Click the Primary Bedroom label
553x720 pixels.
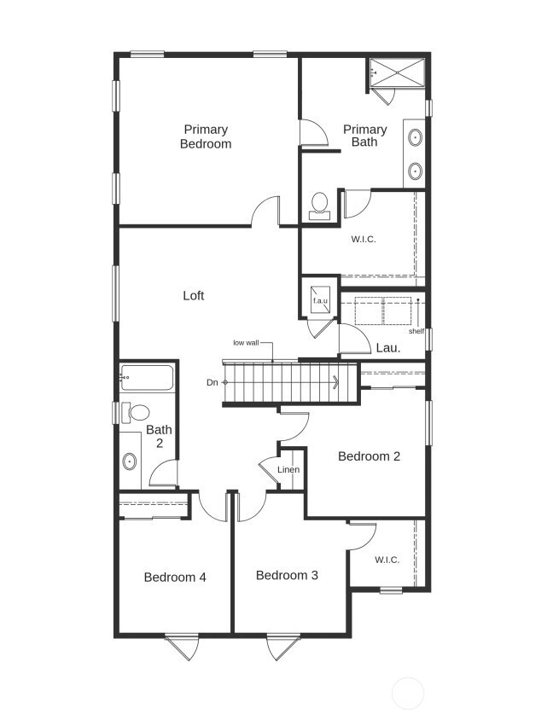point(205,136)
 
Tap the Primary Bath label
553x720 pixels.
point(364,136)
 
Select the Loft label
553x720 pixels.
point(194,296)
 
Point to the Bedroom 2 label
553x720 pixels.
point(369,456)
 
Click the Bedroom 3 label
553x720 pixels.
point(287,576)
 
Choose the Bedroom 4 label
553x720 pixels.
point(175,578)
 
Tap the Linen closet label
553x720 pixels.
point(288,470)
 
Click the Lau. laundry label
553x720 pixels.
point(388,348)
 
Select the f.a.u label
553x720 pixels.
point(320,301)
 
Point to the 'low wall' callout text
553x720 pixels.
point(246,343)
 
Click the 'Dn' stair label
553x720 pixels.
point(212,382)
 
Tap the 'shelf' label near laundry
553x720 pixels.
point(416,331)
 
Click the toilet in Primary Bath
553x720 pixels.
point(319,205)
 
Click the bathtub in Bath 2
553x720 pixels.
point(147,375)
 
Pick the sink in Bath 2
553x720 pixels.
point(130,462)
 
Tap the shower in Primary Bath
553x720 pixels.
point(396,73)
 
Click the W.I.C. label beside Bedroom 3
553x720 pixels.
point(387,560)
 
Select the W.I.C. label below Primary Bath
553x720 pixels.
point(363,239)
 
